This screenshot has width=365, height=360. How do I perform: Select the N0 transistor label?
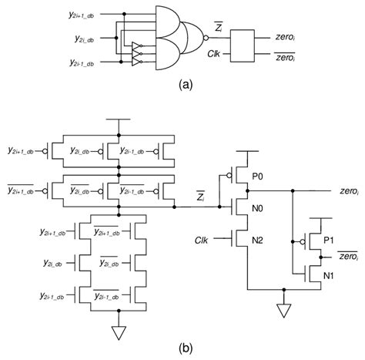[x=257, y=207]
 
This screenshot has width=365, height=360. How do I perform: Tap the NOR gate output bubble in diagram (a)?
[x=203, y=36]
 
